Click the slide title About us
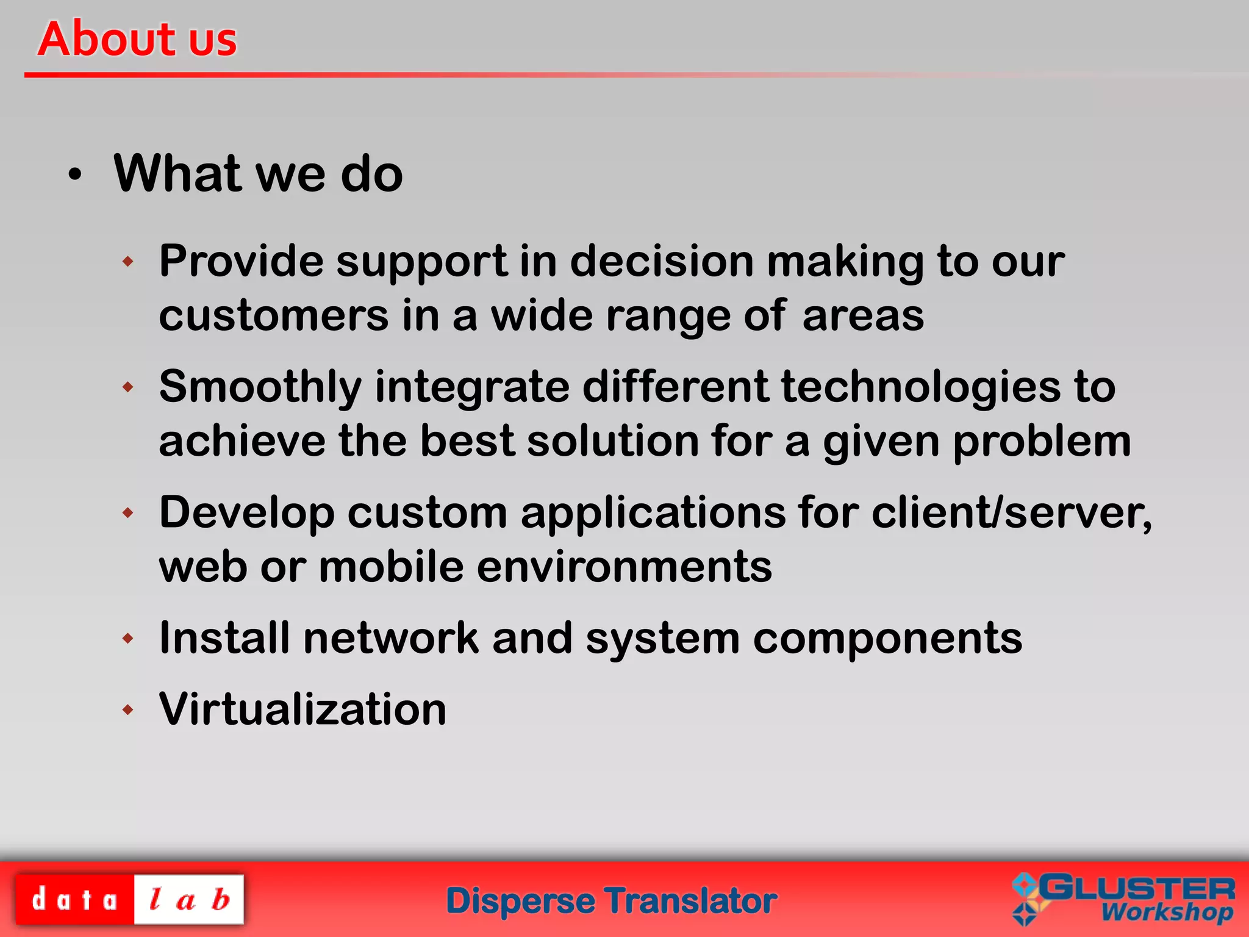point(137,39)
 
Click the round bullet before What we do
point(74,175)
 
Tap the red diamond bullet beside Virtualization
point(127,709)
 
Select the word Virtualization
point(302,709)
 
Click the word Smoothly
point(260,387)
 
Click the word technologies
point(921,387)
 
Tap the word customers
point(273,316)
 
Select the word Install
point(224,638)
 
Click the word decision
point(662,262)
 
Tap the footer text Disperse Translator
point(611,901)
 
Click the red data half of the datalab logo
point(74,900)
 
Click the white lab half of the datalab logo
point(189,900)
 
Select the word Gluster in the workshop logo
point(1137,889)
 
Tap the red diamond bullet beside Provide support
point(127,262)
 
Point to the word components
point(887,638)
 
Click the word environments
point(624,567)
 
